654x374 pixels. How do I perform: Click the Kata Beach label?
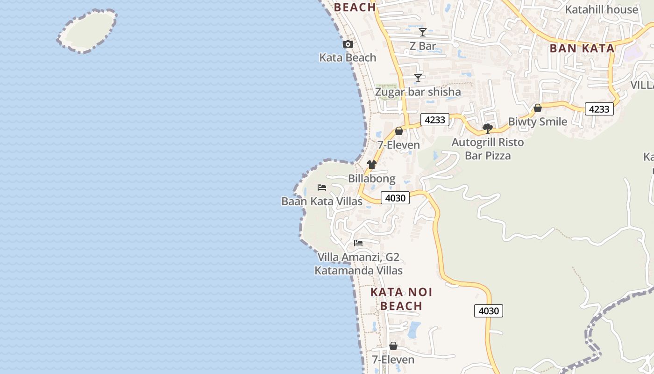[x=348, y=58]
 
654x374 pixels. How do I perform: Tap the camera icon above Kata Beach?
[x=348, y=44]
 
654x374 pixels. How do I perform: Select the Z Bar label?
[x=422, y=46]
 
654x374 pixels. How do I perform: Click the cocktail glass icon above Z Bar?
[x=422, y=32]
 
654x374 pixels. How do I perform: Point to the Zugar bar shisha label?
[x=418, y=92]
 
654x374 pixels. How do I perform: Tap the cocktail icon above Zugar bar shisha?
[x=418, y=78]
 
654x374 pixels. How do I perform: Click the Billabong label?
[x=371, y=179]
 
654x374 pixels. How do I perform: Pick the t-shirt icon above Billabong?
[x=371, y=165]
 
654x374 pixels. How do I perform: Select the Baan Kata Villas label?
[x=321, y=201]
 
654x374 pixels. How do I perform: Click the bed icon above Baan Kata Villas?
[x=321, y=187]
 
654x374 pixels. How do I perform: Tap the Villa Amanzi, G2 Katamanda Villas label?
[x=358, y=264]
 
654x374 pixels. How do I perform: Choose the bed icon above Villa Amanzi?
[x=358, y=243]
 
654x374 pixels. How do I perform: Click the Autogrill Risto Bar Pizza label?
[x=488, y=149]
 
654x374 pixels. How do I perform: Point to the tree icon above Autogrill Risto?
[x=488, y=128]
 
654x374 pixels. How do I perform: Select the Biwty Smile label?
[x=537, y=122]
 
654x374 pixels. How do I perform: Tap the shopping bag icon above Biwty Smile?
[x=538, y=108]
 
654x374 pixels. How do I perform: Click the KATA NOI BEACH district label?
[x=401, y=299]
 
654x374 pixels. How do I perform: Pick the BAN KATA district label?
[x=582, y=48]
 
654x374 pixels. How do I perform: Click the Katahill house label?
[x=601, y=9]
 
